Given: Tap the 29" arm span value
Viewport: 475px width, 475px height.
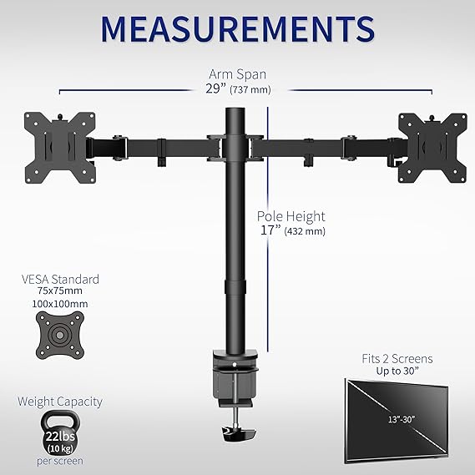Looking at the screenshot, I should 219,88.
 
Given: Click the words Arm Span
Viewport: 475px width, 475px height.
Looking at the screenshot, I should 237,73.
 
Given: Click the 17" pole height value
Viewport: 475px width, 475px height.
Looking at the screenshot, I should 268,230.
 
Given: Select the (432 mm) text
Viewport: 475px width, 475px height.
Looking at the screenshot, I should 305,231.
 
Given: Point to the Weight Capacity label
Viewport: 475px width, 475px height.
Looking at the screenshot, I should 60,402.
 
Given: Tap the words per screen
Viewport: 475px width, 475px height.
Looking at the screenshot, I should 59,461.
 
